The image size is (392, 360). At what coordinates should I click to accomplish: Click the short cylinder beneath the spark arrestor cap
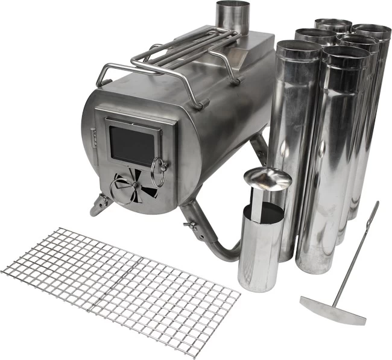click(260, 247)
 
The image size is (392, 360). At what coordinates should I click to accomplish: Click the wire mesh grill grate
click(121, 283)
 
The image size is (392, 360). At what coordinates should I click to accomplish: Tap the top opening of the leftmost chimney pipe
click(299, 47)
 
